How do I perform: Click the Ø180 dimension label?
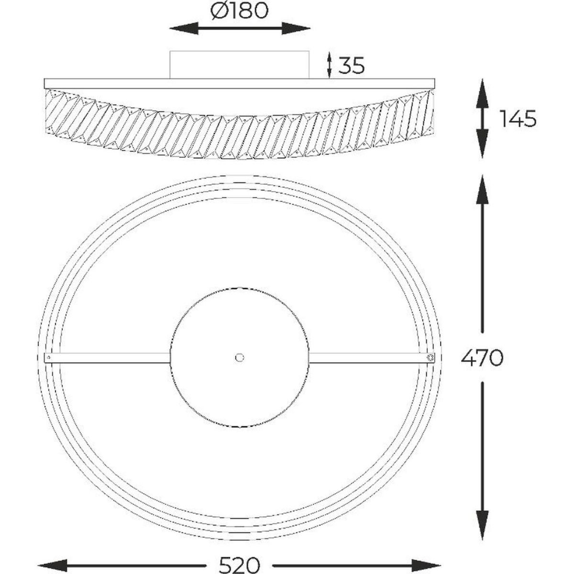point(240,11)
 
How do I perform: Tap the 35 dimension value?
point(352,66)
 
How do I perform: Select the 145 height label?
point(518,119)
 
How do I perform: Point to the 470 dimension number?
point(482,358)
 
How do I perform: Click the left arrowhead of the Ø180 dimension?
point(184,28)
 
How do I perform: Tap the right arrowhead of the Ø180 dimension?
point(296,28)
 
